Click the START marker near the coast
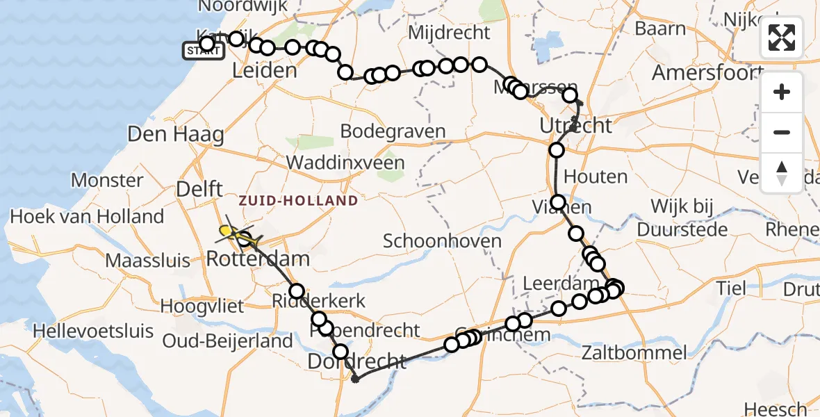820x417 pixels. coord(202,50)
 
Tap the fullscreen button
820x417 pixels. coord(782,38)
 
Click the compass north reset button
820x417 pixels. coord(782,173)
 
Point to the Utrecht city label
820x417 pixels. coord(576,126)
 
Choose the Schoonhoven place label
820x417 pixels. coord(442,241)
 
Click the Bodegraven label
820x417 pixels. coord(393,131)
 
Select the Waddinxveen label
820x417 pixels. coord(345,163)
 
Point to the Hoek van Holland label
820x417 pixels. coord(87,216)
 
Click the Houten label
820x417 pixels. coord(596,177)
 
